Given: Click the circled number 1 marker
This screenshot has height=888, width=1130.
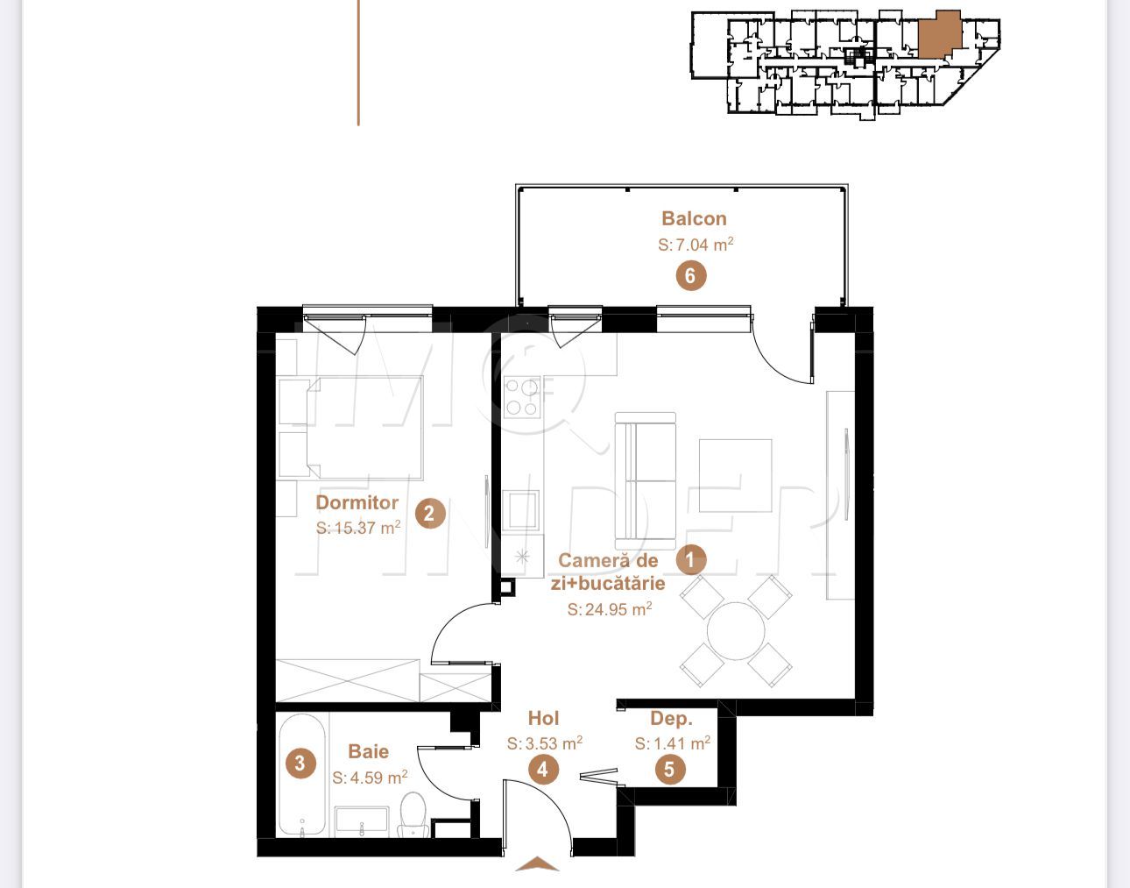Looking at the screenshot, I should coord(690,558).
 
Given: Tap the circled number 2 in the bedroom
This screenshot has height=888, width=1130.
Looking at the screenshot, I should coord(429,513).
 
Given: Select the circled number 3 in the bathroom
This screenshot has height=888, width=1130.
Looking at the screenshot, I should coord(300,763).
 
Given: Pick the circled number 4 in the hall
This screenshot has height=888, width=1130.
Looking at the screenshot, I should coord(543,770).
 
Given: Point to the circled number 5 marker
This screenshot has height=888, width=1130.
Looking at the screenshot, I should coord(670,770).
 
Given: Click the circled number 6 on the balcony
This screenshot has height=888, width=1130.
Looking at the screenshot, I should coord(690,276).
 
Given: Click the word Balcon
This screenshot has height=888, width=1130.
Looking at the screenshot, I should coord(694,218).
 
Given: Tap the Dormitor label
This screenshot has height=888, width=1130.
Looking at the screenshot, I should coord(357,502).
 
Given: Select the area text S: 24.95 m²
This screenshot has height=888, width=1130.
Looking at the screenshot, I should coord(609,609).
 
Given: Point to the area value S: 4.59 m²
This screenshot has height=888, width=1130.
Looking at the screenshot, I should coord(369,778).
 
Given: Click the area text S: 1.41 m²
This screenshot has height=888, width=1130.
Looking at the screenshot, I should coord(672,743).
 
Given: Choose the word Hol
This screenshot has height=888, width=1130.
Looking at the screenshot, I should coord(543,719).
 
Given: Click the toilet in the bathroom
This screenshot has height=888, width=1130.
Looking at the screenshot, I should coord(412,813).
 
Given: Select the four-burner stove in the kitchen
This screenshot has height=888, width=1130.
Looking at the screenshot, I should coord(522,396).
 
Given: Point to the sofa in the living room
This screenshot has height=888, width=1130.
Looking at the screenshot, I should coord(646,480).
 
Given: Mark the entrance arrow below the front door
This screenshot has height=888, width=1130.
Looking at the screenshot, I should coord(537,864).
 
